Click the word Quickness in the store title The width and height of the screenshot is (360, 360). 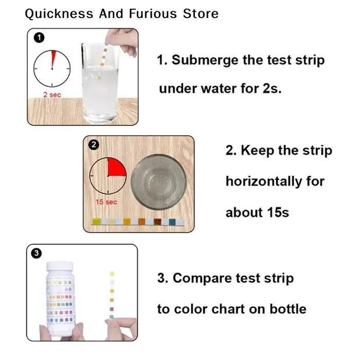(x=59, y=14)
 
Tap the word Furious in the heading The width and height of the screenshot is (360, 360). (x=153, y=13)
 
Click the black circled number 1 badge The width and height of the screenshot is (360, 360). (x=39, y=38)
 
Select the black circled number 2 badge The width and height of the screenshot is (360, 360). (x=94, y=145)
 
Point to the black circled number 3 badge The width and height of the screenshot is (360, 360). (x=37, y=254)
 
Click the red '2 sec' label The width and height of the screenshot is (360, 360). (x=52, y=95)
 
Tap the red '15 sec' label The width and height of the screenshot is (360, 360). (x=106, y=202)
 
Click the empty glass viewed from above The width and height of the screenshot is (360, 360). (x=158, y=182)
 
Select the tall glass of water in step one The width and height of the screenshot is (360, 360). (x=100, y=83)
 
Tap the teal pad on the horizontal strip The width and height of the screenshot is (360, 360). (x=172, y=222)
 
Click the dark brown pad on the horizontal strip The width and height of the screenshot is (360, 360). (x=157, y=222)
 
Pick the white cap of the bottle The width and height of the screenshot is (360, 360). (x=60, y=266)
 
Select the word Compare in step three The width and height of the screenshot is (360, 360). (x=202, y=279)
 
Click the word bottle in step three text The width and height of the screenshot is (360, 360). (x=288, y=309)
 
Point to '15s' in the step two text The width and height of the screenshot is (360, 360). (x=278, y=212)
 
